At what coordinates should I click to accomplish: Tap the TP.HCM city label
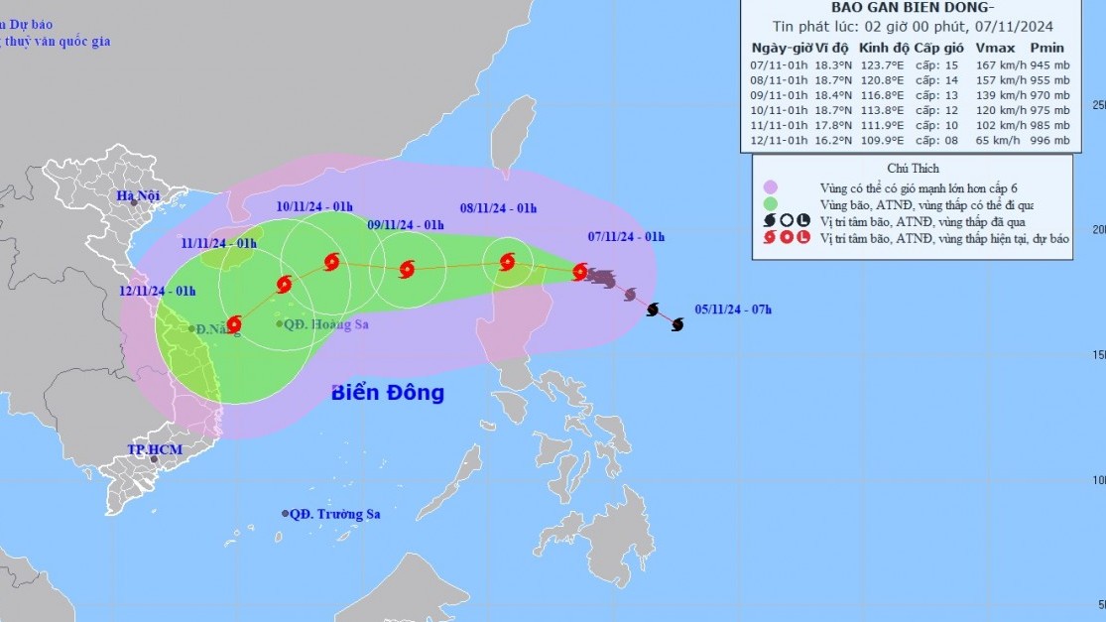pyautogui.click(x=150, y=450)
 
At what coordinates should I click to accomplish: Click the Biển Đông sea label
pyautogui.click(x=388, y=393)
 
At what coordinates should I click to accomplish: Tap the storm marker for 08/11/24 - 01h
pyautogui.click(x=508, y=263)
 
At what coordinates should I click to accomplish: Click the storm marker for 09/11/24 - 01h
pyautogui.click(x=406, y=269)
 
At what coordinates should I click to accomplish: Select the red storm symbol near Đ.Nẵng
pyautogui.click(x=234, y=323)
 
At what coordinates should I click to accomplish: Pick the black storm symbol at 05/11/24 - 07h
pyautogui.click(x=677, y=324)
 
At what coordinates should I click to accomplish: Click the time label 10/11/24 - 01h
pyautogui.click(x=315, y=206)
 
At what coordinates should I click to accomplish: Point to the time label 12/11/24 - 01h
pyautogui.click(x=159, y=291)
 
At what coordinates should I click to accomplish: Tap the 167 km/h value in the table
pyautogui.click(x=995, y=66)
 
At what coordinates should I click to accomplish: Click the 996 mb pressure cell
pyautogui.click(x=1048, y=141)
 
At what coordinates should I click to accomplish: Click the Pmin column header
pyautogui.click(x=1046, y=49)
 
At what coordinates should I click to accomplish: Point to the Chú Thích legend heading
pyautogui.click(x=913, y=169)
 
